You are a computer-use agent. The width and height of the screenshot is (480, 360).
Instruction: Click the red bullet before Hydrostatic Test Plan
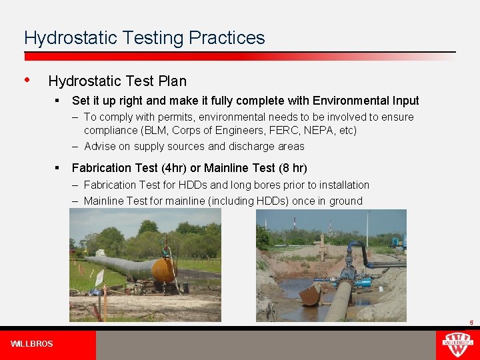[x=27, y=80]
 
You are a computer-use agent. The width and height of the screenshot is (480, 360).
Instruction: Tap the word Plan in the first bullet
[x=172, y=81]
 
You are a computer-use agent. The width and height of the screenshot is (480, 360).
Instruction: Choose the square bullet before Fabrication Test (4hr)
[x=59, y=167]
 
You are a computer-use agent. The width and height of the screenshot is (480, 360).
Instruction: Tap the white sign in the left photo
[x=99, y=277]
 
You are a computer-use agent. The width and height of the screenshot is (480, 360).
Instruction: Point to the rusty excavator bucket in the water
[x=312, y=294]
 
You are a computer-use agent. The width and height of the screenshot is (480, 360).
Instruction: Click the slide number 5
[x=471, y=323]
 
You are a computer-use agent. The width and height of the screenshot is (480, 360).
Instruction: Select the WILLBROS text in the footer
[x=32, y=344]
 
